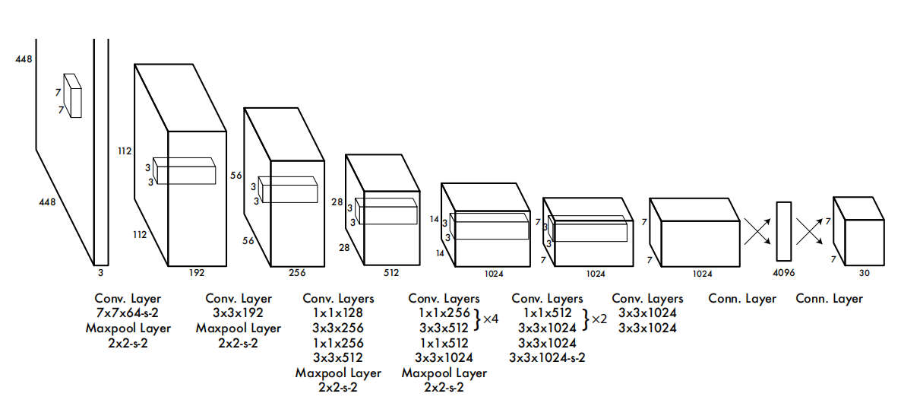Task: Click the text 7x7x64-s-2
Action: pyautogui.click(x=128, y=314)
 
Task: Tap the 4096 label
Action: pyautogui.click(x=784, y=273)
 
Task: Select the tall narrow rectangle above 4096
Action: pyautogui.click(x=784, y=232)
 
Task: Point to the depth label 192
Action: pyautogui.click(x=197, y=273)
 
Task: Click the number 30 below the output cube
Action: pyautogui.click(x=865, y=273)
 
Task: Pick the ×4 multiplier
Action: pyautogui.click(x=491, y=319)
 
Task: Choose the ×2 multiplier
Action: pyautogui.click(x=599, y=319)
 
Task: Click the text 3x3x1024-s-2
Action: pyautogui.click(x=547, y=357)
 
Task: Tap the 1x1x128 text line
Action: pyautogui.click(x=338, y=313)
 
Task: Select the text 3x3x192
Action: pyautogui.click(x=239, y=313)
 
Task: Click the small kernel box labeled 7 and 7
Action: pyautogui.click(x=72, y=96)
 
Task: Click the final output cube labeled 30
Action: pyautogui.click(x=858, y=232)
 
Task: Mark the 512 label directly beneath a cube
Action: pyautogui.click(x=390, y=273)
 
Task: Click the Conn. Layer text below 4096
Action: pyautogui.click(x=741, y=299)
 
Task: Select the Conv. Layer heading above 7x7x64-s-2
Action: pyautogui.click(x=128, y=299)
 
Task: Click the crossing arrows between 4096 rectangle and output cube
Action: pyautogui.click(x=810, y=231)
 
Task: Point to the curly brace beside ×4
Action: pyautogui.click(x=476, y=319)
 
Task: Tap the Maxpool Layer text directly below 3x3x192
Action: pyautogui.click(x=239, y=328)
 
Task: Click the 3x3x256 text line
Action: pyautogui.click(x=338, y=328)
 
